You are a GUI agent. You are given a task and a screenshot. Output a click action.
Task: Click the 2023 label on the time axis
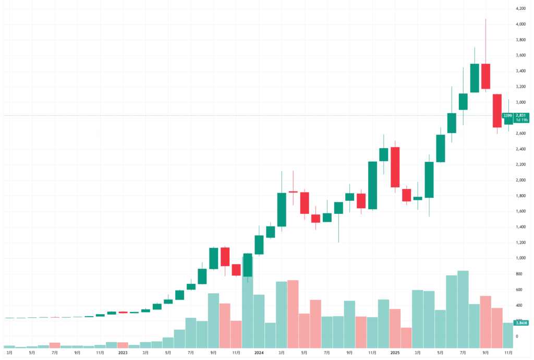[x=123, y=353]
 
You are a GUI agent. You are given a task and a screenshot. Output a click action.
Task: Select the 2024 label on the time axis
[x=259, y=353]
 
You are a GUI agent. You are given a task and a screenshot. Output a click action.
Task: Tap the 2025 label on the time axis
[x=395, y=353]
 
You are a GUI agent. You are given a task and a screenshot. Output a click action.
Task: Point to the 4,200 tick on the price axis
[x=520, y=8]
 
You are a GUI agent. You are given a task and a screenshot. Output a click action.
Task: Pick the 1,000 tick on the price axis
[x=520, y=258]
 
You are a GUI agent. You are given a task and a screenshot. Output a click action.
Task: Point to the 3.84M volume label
[x=521, y=323]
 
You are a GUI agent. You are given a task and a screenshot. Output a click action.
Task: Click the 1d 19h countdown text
[x=521, y=120]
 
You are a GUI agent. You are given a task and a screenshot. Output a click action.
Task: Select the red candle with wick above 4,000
[x=486, y=76]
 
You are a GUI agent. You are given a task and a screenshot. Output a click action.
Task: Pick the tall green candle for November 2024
[x=372, y=185]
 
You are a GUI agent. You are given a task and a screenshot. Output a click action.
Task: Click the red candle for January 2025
[x=395, y=167]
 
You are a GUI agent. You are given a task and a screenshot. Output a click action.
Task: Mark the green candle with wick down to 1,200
[x=338, y=208]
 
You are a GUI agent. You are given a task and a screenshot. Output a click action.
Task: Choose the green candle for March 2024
[x=282, y=210]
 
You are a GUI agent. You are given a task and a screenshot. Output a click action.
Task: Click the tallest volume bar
[x=463, y=309]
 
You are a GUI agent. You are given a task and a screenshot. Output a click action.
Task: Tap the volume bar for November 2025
[x=508, y=335]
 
